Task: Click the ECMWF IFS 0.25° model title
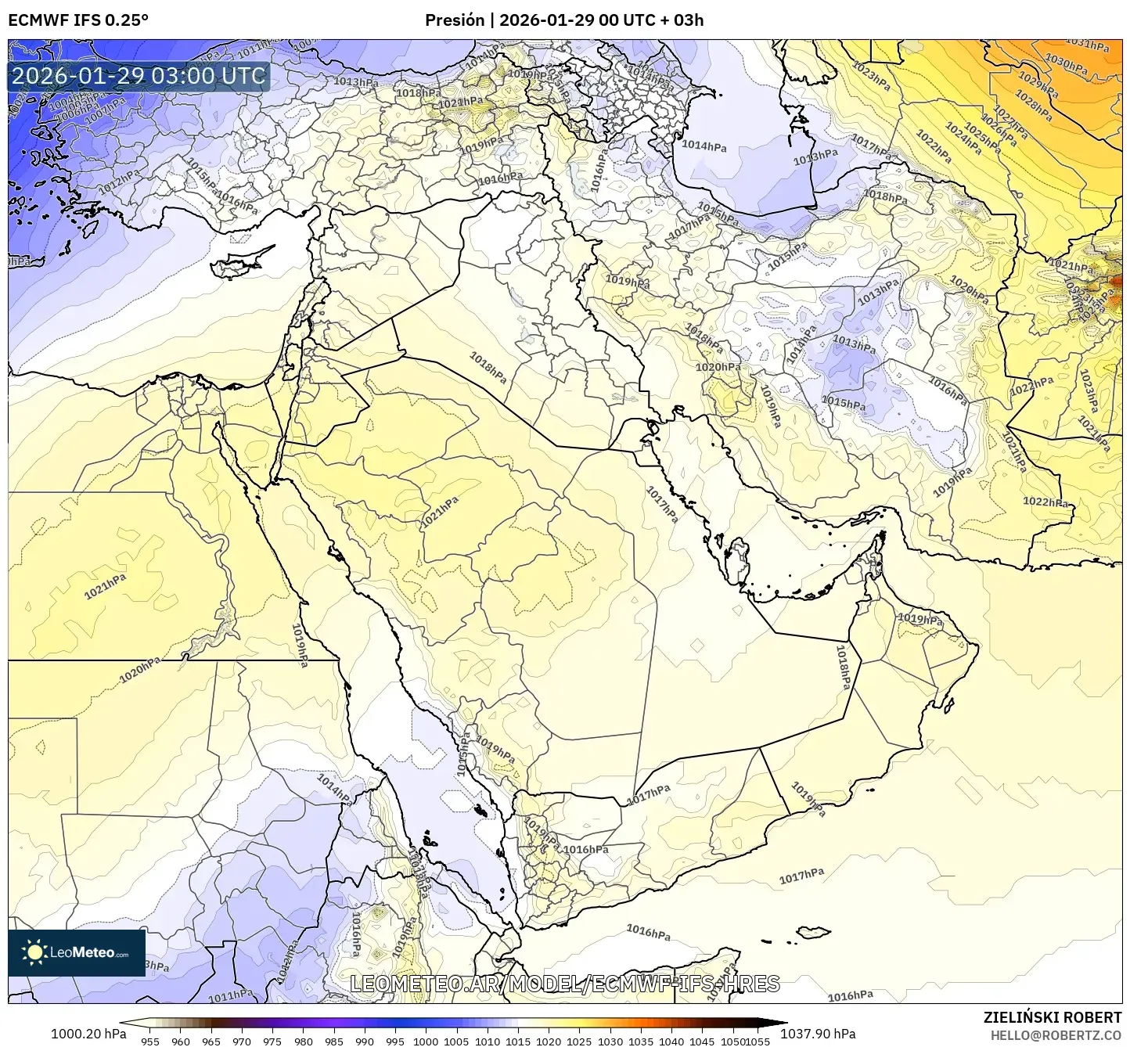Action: pos(78,20)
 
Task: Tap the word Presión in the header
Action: pos(455,20)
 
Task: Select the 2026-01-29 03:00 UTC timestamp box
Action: pos(139,76)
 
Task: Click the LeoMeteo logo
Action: pos(77,952)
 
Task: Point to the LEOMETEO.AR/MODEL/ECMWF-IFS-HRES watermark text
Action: pos(564,984)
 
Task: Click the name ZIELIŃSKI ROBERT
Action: pos(1052,1016)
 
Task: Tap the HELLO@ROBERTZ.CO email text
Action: pos(1056,1034)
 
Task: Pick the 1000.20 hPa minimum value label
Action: pos(88,1033)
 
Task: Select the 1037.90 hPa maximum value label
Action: pos(822,1033)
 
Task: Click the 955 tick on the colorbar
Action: pos(149,1041)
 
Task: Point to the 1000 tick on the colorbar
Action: pos(426,1041)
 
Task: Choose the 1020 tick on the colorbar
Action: pos(548,1041)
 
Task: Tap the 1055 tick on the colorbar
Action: pos(758,1041)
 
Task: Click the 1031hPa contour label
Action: pos(1088,44)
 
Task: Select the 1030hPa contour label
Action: pos(1066,63)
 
